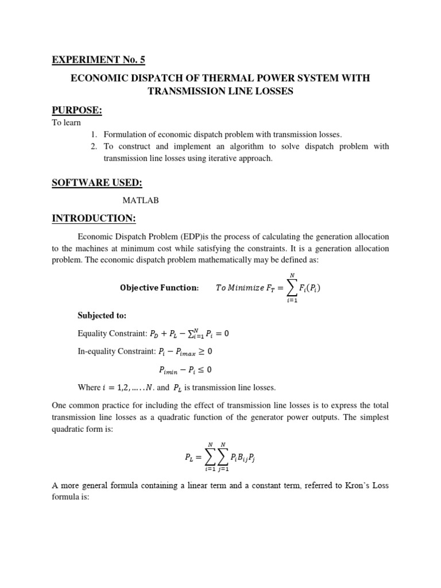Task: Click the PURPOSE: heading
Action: pos(77,110)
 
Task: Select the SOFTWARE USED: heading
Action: pos(97,182)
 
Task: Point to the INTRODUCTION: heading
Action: pos(94,218)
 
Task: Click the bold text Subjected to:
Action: pos(102,315)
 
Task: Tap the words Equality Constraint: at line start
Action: pos(111,334)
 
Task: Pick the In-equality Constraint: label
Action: pos(116,351)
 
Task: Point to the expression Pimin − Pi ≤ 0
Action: pos(185,369)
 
